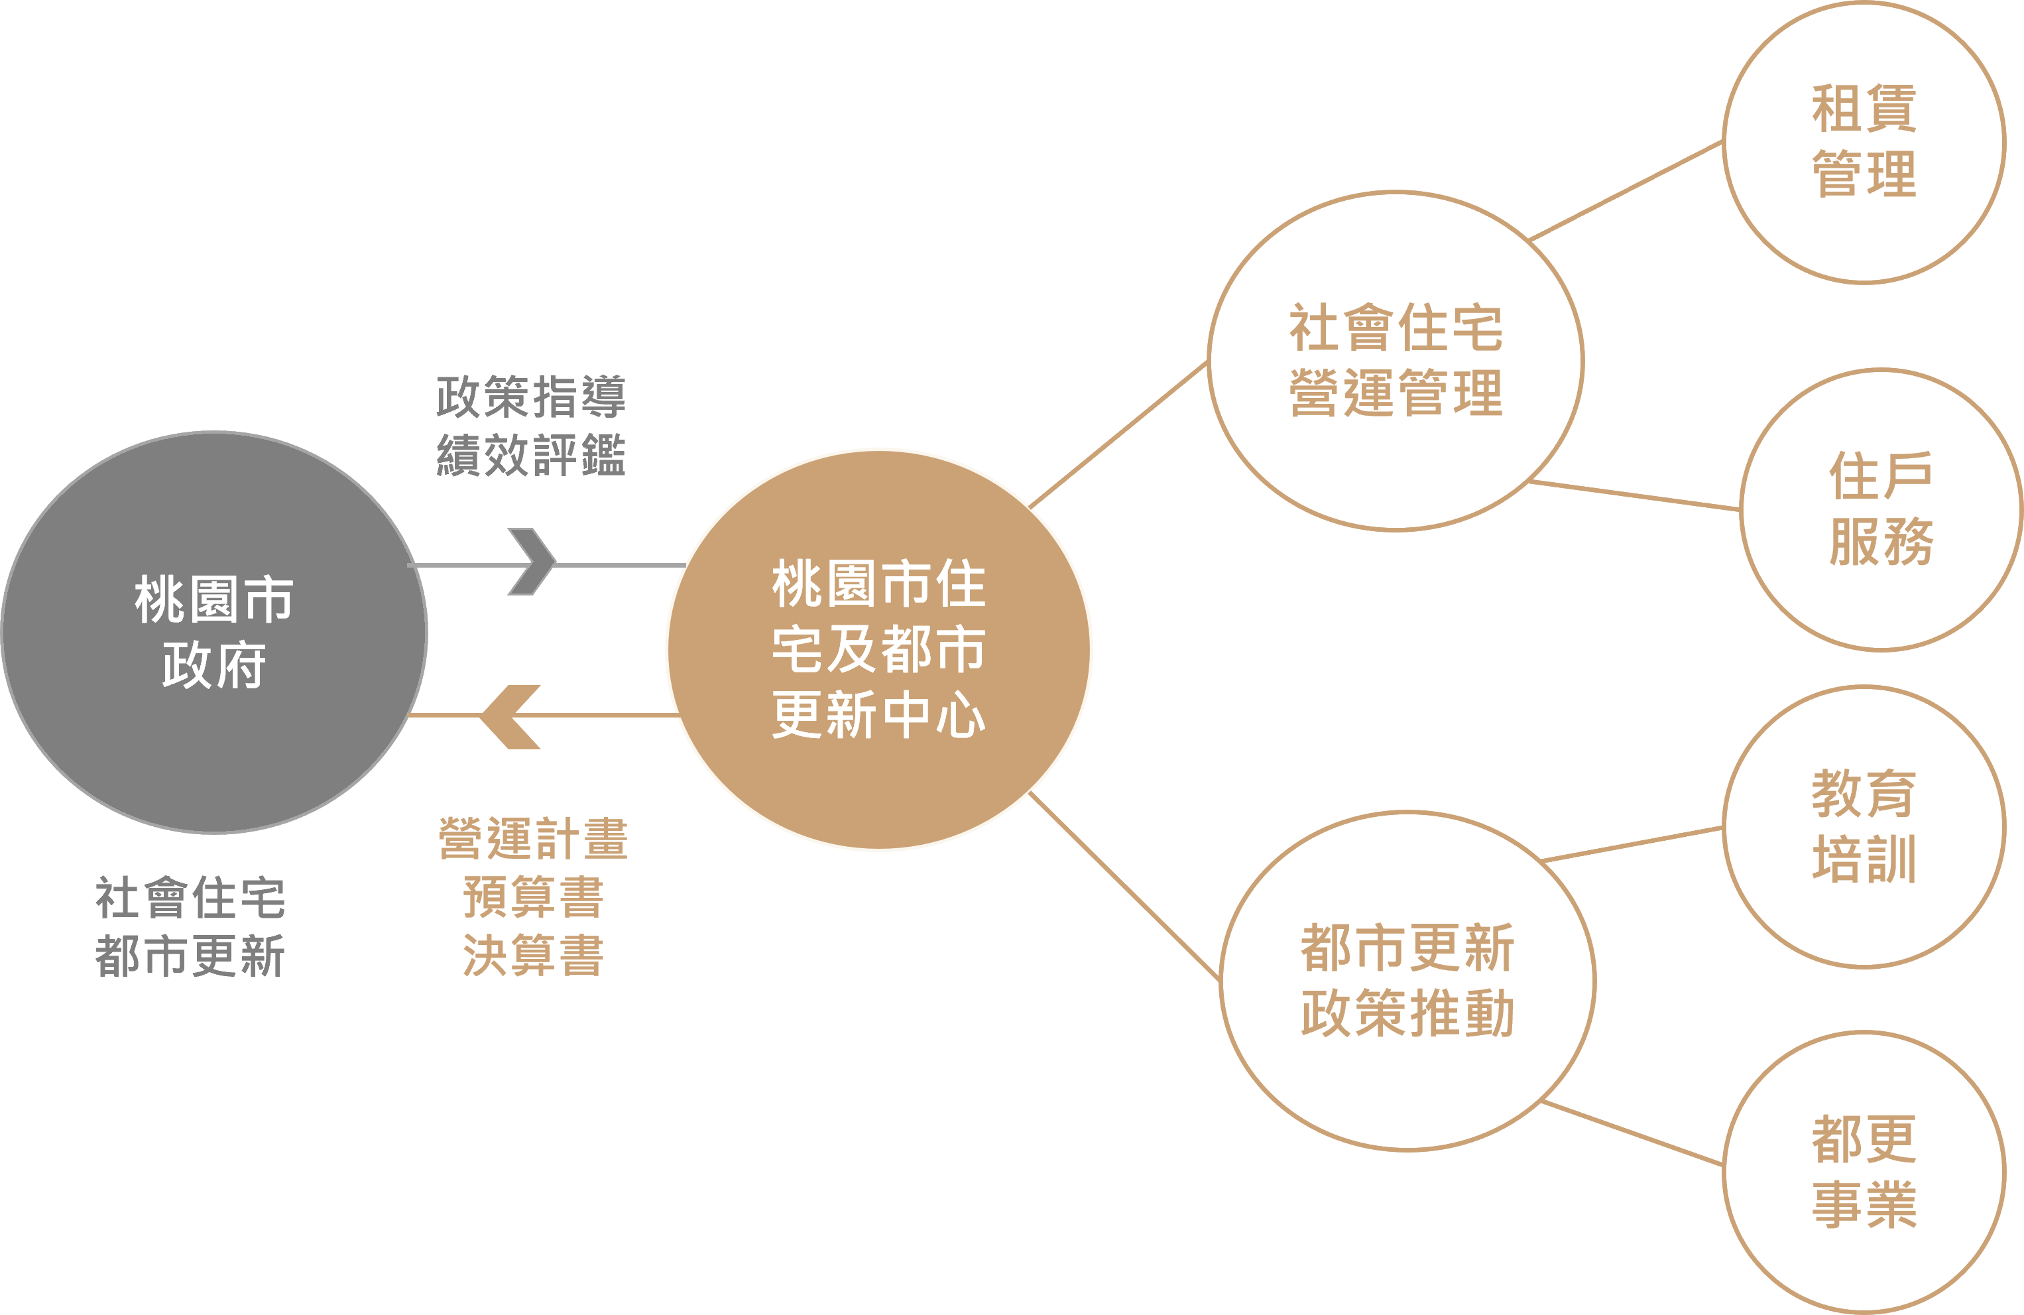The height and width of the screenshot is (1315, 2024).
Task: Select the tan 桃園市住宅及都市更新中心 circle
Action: tap(878, 649)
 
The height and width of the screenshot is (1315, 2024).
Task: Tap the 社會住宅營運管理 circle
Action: tap(1396, 361)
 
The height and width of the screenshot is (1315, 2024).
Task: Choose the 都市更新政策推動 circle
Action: tap(1407, 980)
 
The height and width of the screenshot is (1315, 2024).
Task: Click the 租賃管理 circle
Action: tap(1864, 141)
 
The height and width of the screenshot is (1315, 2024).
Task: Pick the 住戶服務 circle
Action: tap(1881, 509)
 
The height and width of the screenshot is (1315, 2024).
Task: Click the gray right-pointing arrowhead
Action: tap(532, 562)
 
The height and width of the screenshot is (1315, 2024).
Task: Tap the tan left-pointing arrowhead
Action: tap(510, 716)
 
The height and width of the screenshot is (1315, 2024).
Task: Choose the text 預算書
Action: tap(533, 897)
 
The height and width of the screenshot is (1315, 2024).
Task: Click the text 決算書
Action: tap(533, 954)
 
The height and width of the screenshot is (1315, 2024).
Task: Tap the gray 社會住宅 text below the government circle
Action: tap(190, 897)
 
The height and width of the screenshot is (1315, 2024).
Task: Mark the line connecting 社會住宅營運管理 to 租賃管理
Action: tap(1626, 190)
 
